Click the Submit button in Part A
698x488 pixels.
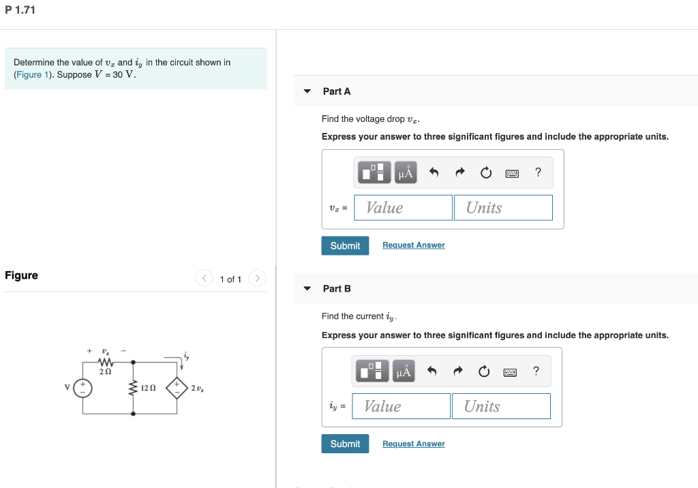(345, 245)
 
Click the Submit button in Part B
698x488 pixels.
(345, 444)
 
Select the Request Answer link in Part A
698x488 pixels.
(413, 245)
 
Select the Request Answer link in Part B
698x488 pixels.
(413, 444)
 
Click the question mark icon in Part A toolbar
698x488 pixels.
(538, 172)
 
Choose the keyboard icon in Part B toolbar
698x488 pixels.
(511, 371)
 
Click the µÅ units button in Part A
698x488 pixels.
(406, 172)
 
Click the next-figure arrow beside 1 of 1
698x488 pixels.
(257, 279)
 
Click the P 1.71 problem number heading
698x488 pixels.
(20, 10)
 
